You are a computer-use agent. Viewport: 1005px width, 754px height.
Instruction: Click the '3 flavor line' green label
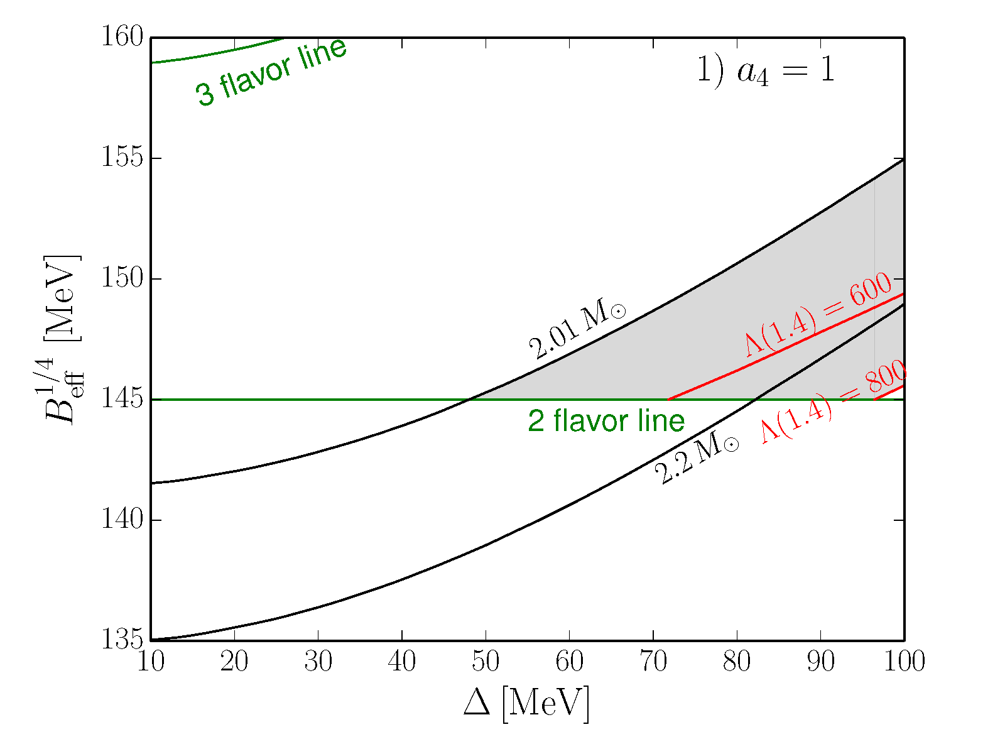(x=271, y=73)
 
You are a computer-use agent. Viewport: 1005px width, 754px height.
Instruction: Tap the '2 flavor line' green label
(x=606, y=421)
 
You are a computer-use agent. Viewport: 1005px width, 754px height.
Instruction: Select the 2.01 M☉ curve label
(x=577, y=331)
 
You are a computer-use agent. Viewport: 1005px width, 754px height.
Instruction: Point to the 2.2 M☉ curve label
(x=697, y=459)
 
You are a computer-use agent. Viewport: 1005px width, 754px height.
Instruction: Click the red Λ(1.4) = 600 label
(x=818, y=315)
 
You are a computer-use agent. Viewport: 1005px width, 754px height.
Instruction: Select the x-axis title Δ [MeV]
(x=526, y=704)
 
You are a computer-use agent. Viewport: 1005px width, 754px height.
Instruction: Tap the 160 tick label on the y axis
(x=122, y=37)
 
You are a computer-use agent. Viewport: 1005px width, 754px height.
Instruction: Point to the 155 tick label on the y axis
(x=122, y=158)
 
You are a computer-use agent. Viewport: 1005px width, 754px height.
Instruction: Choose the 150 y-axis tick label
(x=122, y=278)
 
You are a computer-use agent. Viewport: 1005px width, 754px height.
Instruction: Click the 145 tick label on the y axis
(x=122, y=399)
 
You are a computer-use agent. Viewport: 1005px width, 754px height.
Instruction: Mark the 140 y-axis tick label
(x=122, y=520)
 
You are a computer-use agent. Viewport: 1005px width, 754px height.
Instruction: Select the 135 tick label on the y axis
(x=122, y=640)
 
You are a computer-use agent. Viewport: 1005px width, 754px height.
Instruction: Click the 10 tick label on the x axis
(x=151, y=662)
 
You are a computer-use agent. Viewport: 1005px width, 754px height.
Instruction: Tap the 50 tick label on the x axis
(x=486, y=662)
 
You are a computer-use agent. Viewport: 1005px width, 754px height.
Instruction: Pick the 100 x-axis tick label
(x=904, y=662)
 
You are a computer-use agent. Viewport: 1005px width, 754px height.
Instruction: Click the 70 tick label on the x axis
(x=653, y=662)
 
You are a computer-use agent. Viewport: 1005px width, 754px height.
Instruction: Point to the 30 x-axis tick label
(x=318, y=662)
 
